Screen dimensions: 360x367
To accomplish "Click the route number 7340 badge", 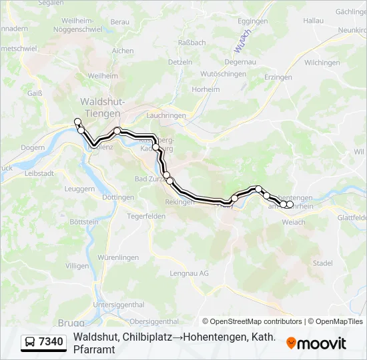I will click(x=44, y=342).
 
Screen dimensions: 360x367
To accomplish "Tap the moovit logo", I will click(x=316, y=343).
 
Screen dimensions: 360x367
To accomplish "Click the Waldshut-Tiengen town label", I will click(x=100, y=107).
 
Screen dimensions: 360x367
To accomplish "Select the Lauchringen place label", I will click(x=165, y=115).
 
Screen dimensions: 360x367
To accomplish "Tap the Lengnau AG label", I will click(x=190, y=273).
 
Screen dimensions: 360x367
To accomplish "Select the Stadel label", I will click(x=322, y=263).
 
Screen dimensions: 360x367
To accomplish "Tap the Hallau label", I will click(x=313, y=21).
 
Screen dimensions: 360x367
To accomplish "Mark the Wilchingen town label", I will click(x=322, y=62).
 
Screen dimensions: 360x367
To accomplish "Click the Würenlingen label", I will click(x=118, y=257).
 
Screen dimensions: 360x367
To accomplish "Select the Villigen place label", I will click(x=77, y=265).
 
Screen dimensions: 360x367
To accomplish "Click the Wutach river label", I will click(x=242, y=41).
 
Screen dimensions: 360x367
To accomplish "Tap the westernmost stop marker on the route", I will click(x=77, y=121).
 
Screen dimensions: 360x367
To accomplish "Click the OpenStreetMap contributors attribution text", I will click(x=252, y=321).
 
